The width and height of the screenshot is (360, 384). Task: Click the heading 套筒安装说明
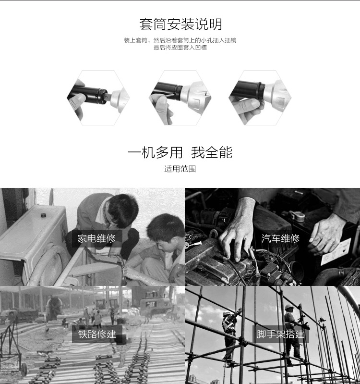click(x=180, y=24)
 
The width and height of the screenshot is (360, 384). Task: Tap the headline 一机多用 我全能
click(x=180, y=152)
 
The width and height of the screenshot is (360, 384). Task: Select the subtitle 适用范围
click(x=180, y=169)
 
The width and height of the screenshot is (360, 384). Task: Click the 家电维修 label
click(x=96, y=238)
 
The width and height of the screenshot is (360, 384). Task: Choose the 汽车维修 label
click(x=280, y=238)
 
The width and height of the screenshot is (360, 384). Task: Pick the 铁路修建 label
click(x=97, y=334)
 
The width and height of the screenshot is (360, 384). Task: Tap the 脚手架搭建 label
click(x=280, y=334)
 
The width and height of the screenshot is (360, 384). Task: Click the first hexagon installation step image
click(x=98, y=98)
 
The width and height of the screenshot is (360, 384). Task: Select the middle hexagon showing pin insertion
click(x=180, y=98)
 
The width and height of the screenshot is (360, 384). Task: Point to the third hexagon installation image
click(x=260, y=98)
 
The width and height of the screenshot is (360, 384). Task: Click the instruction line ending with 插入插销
click(x=180, y=40)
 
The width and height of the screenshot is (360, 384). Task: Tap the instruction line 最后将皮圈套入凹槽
click(x=180, y=48)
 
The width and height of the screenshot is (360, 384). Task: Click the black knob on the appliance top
click(x=43, y=215)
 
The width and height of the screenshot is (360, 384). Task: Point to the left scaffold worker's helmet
click(x=227, y=314)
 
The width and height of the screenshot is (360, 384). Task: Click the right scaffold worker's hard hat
click(x=289, y=307)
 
